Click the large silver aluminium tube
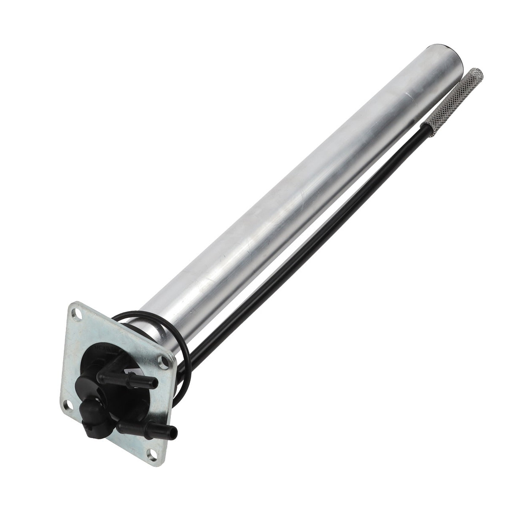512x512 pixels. (304, 202)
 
